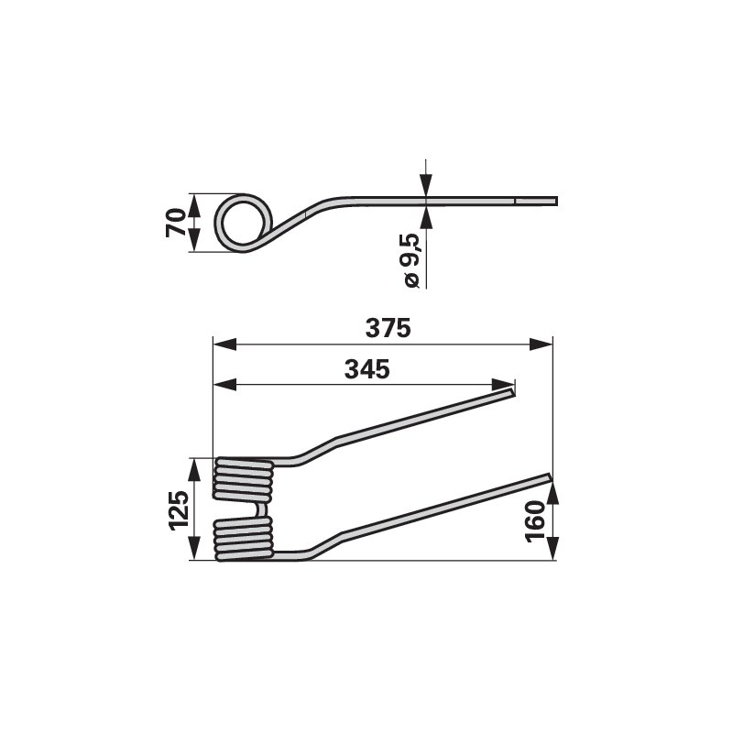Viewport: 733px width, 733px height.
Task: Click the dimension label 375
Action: coord(388,328)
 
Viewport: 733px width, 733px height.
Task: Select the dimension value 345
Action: coord(367,370)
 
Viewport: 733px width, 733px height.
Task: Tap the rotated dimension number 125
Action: coord(180,510)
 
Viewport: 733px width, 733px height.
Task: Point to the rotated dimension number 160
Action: coord(536,521)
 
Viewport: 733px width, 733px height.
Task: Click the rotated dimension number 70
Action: coord(176,224)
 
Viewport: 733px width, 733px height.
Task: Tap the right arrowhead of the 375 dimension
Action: coord(541,345)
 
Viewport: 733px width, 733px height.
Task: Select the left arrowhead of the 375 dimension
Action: coord(224,345)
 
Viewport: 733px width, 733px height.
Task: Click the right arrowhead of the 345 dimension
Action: coord(503,385)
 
